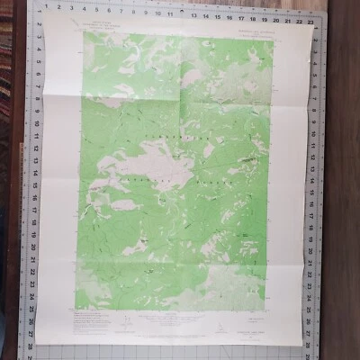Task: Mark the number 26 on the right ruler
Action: (x=314, y=313)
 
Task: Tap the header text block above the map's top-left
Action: (x=99, y=22)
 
